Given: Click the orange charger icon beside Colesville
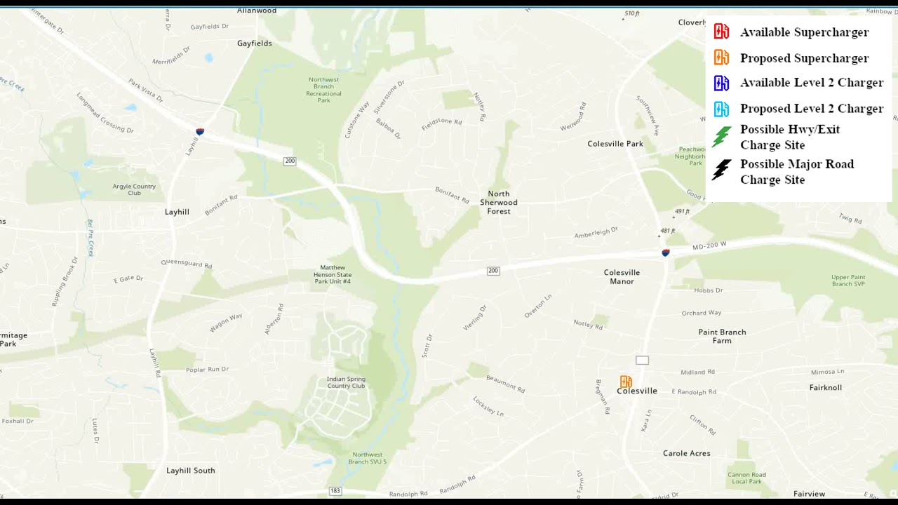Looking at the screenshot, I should coord(626,382).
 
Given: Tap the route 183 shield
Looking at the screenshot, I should coord(335,490).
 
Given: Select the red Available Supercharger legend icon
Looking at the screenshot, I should coord(721,32).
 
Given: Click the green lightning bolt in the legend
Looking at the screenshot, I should coord(721,136).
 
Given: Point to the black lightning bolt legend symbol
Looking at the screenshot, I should coord(721,170).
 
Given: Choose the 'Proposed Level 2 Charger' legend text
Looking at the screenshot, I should coord(811,109).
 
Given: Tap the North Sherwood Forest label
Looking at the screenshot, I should coord(499,202).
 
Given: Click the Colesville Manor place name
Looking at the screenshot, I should coord(622,277).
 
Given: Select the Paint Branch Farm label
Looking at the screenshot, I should coord(722,336).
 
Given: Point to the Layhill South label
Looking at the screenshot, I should coord(191,471).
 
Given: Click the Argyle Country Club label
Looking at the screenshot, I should coord(134,189).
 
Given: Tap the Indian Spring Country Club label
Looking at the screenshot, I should coord(346,382).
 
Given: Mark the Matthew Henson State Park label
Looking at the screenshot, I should coord(332,274).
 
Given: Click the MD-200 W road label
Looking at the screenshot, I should coord(709,246).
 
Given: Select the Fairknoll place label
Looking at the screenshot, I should coord(825,387).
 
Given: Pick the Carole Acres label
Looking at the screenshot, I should coord(686,453).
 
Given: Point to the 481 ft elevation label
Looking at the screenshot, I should coord(667,231).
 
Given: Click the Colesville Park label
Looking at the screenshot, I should coord(615,144).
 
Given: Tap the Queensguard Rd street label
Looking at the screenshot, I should coord(186,264).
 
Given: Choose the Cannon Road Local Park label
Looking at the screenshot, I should coord(746,478).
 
